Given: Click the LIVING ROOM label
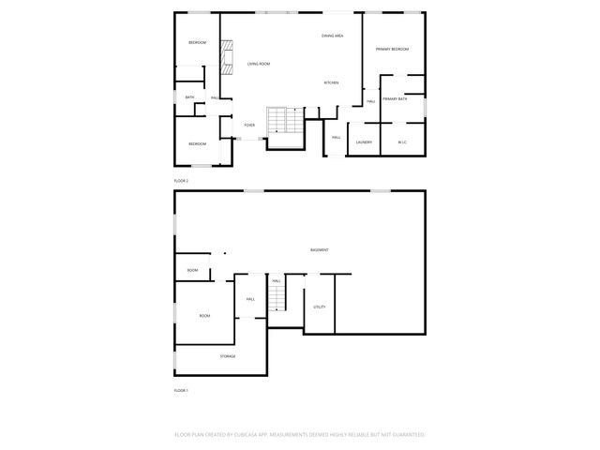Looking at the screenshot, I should tap(259, 64).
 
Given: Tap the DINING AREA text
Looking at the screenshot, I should tap(332, 36).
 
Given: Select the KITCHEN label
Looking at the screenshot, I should tap(331, 82).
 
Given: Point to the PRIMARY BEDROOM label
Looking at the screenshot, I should tap(394, 49).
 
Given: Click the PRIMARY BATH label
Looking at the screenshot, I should tap(395, 98).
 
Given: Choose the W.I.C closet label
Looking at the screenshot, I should tap(401, 142).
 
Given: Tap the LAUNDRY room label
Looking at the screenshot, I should tap(364, 142).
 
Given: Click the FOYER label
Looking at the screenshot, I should tap(249, 125).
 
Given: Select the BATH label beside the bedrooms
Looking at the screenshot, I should tap(189, 97).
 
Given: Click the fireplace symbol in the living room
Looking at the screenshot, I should tap(226, 58).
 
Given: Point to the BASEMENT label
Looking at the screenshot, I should tap(320, 249).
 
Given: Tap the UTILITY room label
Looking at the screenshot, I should tap(320, 307).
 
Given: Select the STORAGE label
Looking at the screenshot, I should tap(228, 356).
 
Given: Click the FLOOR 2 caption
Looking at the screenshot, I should tap(181, 180).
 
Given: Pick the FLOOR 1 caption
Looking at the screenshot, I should tap(181, 390).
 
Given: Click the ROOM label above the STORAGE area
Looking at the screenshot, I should tap(204, 316).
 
